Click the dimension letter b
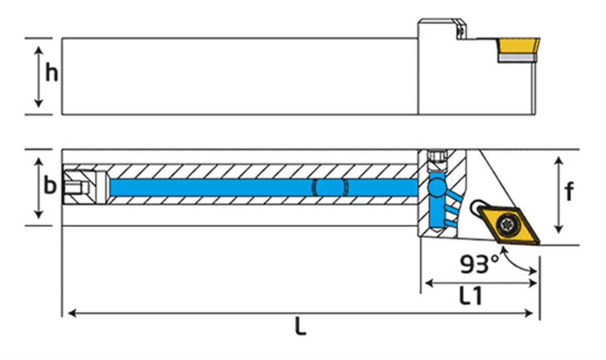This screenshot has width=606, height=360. (50, 186)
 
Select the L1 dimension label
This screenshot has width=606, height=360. (470, 297)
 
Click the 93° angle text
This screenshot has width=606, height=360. (479, 264)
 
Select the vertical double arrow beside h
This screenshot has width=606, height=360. (38, 76)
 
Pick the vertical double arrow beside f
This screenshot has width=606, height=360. (558, 195)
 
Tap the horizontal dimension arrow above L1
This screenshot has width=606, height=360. (480, 283)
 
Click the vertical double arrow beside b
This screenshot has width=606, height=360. (38, 188)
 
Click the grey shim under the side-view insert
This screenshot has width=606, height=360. (516, 59)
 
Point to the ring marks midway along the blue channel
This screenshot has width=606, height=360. (330, 187)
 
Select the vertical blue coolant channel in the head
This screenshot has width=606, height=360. (434, 212)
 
